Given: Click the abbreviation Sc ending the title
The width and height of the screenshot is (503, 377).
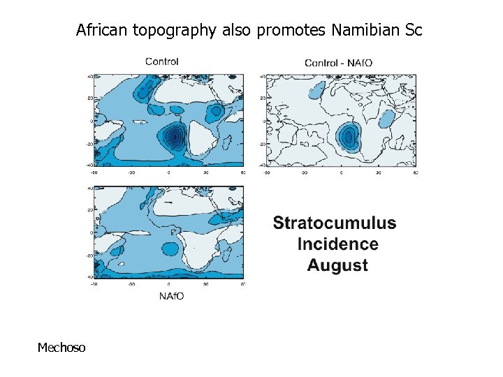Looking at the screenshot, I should (x=413, y=31).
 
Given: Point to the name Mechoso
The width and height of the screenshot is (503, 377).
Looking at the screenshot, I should (x=61, y=347).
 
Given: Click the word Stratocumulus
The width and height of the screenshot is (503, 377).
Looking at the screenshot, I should (x=334, y=223).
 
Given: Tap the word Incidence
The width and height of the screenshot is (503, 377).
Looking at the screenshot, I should (x=337, y=244).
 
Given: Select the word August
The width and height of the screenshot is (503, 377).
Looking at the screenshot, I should (x=337, y=265).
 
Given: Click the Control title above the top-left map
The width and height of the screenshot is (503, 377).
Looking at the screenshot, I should (x=162, y=61).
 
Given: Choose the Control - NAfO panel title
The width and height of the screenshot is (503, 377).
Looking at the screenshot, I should (x=338, y=63).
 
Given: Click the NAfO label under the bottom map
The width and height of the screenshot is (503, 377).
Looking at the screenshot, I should (x=172, y=296).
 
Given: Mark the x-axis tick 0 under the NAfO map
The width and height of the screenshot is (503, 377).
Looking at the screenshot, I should (x=168, y=285).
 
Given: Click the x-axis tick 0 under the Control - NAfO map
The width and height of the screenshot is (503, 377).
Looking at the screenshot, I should (x=340, y=172).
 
